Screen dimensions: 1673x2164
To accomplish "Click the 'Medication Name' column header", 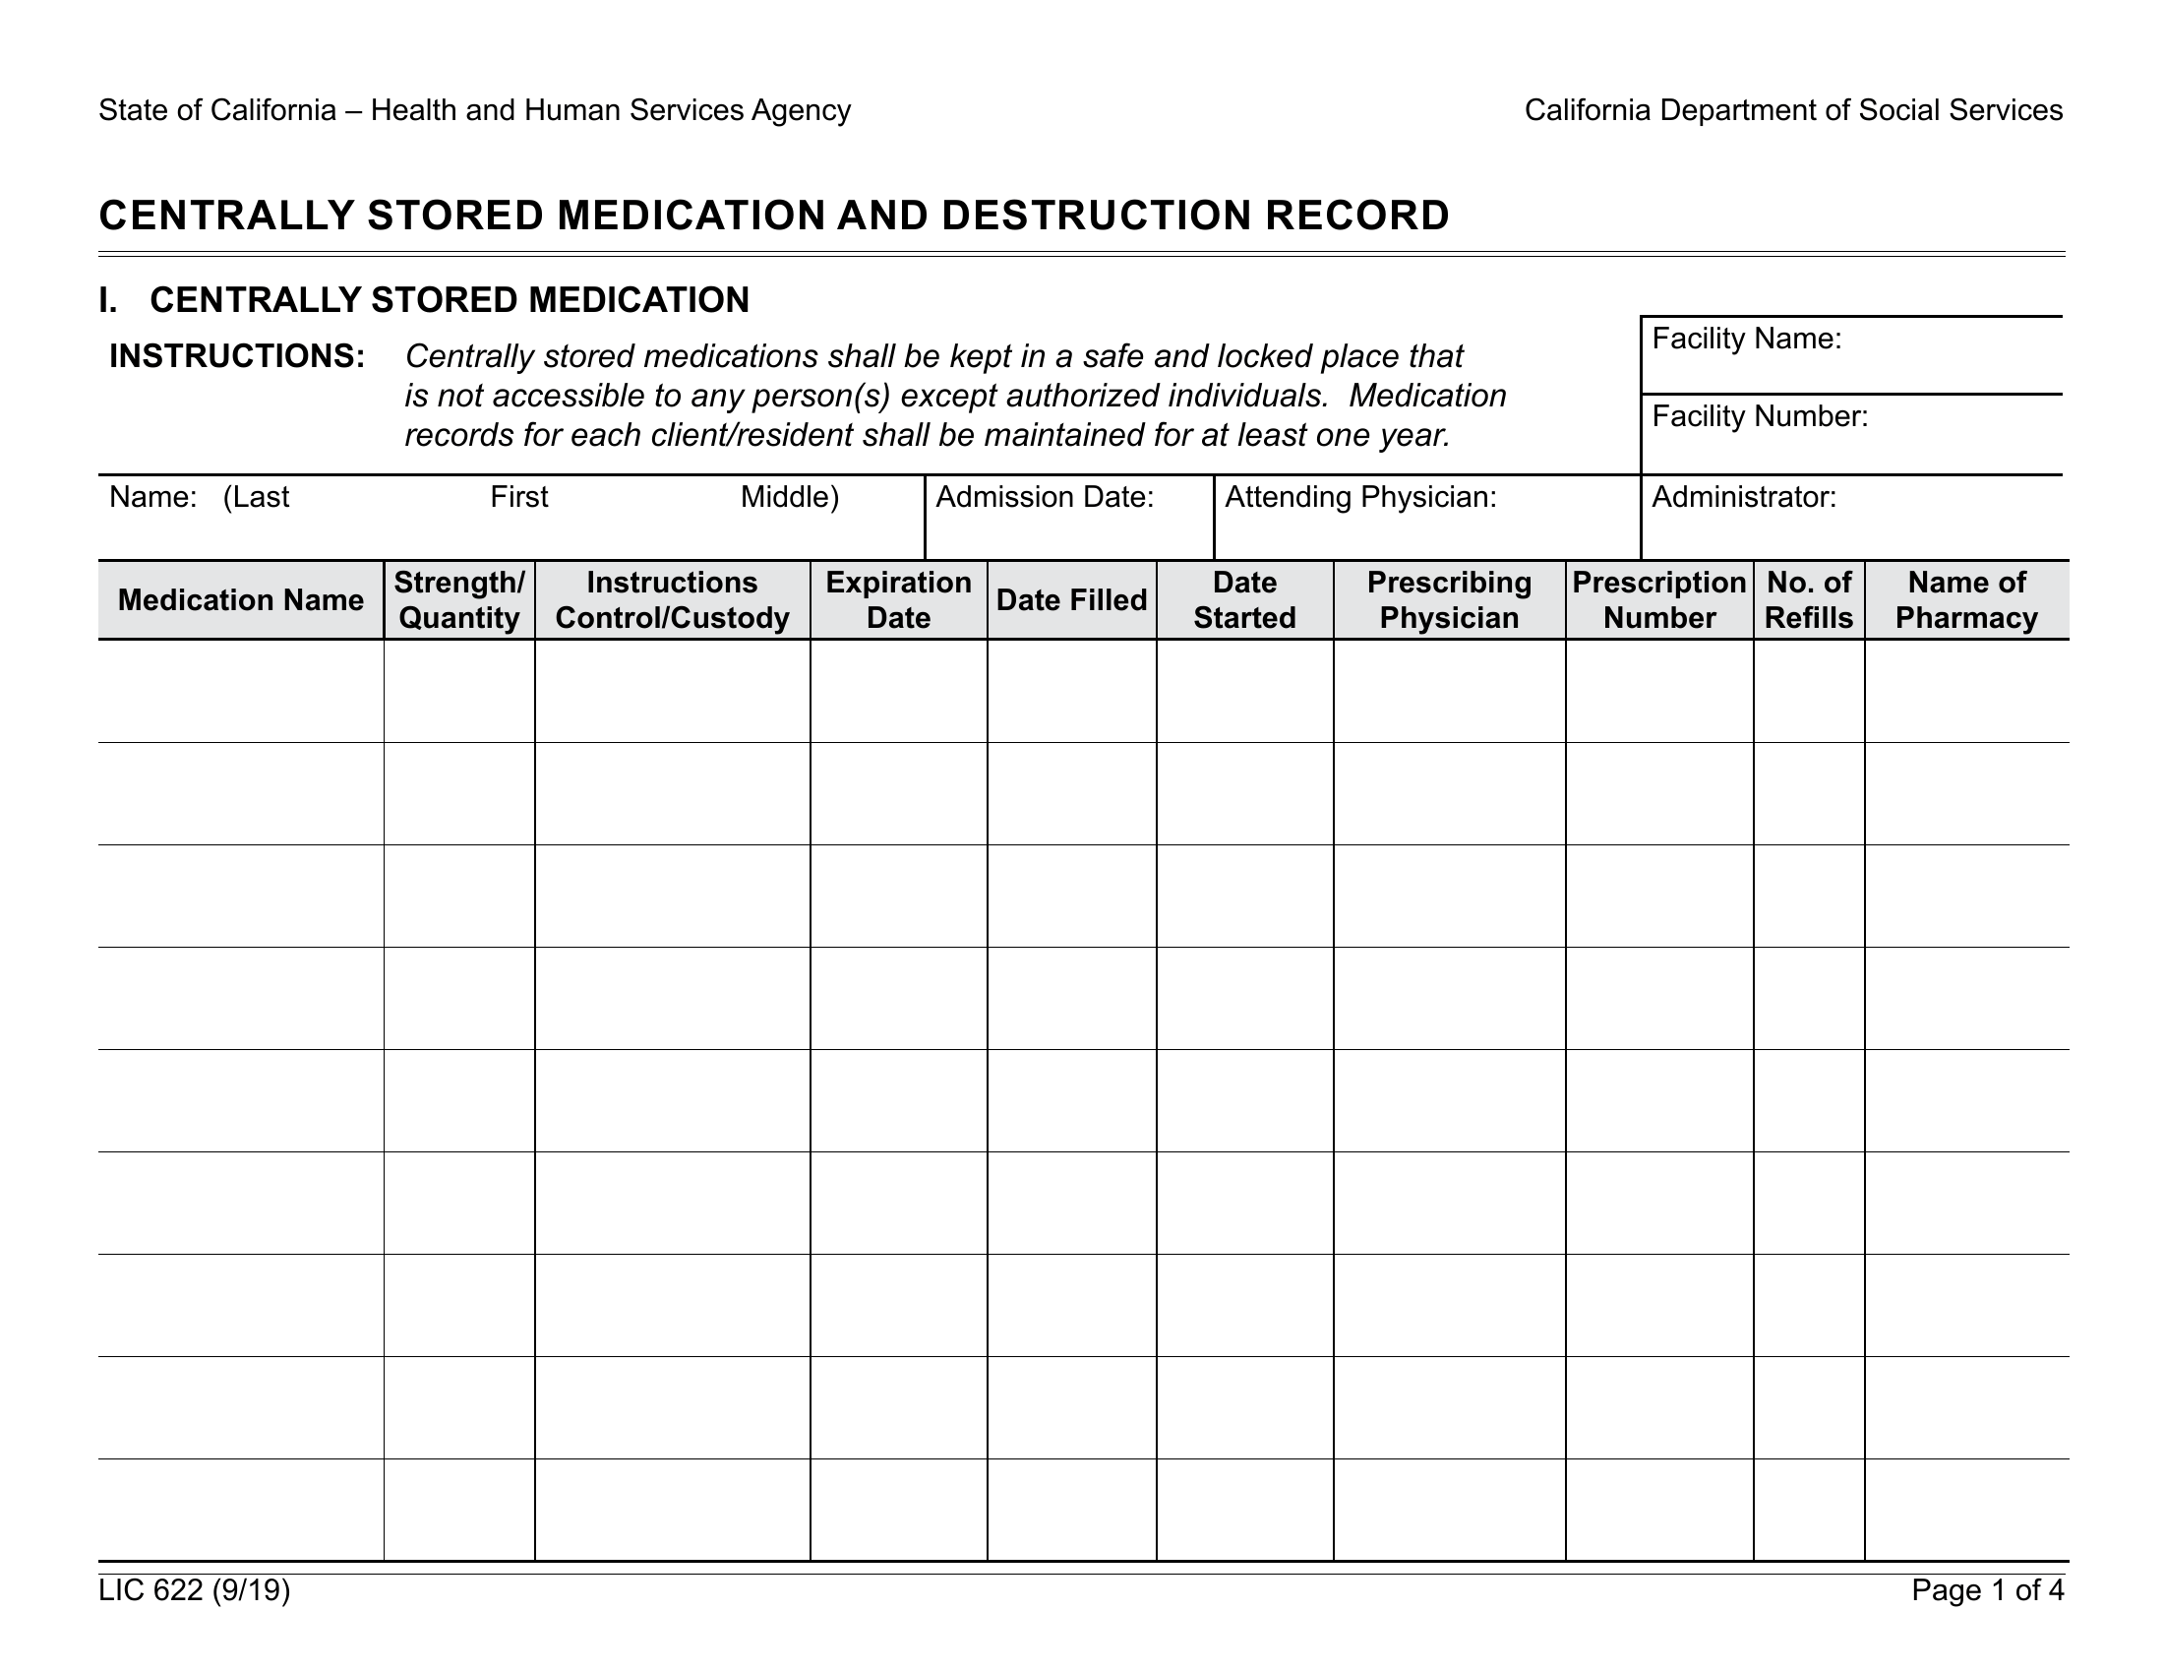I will [x=241, y=599].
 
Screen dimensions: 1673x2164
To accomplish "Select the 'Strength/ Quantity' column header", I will [x=458, y=599].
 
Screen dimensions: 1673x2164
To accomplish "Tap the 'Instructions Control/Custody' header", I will [x=672, y=599].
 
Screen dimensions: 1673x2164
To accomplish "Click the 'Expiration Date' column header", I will [x=898, y=599].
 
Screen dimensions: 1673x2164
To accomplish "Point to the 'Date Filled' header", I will [x=1071, y=599].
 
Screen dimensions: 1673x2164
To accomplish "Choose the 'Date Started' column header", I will [x=1244, y=599].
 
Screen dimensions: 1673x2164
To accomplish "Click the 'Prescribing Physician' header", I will [x=1449, y=599].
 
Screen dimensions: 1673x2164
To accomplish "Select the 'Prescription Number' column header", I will [x=1658, y=599].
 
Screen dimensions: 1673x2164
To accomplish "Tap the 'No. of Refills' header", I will [x=1808, y=599].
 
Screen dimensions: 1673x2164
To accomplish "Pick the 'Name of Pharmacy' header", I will [x=1966, y=599].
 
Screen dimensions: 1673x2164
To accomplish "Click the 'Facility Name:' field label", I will [x=1746, y=339].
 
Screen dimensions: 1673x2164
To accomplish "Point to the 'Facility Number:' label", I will [x=1760, y=416].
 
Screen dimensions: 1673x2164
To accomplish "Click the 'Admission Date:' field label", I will [x=1045, y=497].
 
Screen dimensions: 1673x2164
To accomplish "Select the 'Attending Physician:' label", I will [x=1360, y=497].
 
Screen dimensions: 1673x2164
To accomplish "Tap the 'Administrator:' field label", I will [x=1744, y=497].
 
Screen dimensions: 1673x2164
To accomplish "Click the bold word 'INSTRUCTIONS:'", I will [x=237, y=356].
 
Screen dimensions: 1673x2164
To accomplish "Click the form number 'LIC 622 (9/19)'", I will [x=194, y=1589].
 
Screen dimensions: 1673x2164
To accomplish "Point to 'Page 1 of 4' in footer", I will [x=1988, y=1589].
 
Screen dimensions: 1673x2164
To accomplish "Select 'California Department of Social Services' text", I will [x=1793, y=110].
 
